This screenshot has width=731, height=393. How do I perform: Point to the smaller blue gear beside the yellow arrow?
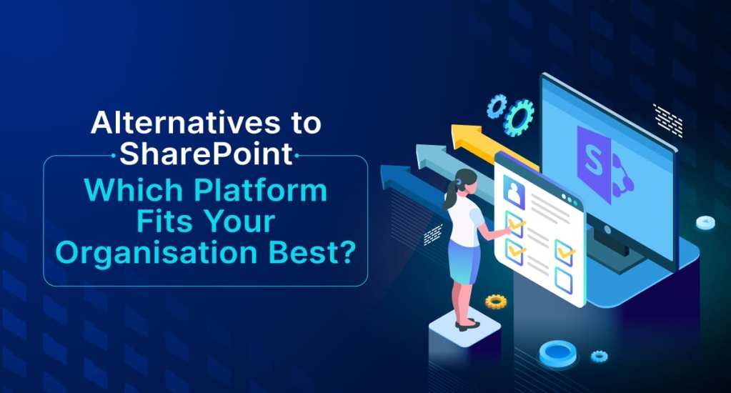[x=496, y=106]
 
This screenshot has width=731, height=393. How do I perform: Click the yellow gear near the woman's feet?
[x=495, y=301]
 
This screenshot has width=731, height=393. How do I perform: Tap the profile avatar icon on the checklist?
[x=514, y=189]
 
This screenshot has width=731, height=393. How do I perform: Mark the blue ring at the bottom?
[x=557, y=352]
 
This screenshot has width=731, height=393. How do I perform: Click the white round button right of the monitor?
[x=706, y=222]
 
